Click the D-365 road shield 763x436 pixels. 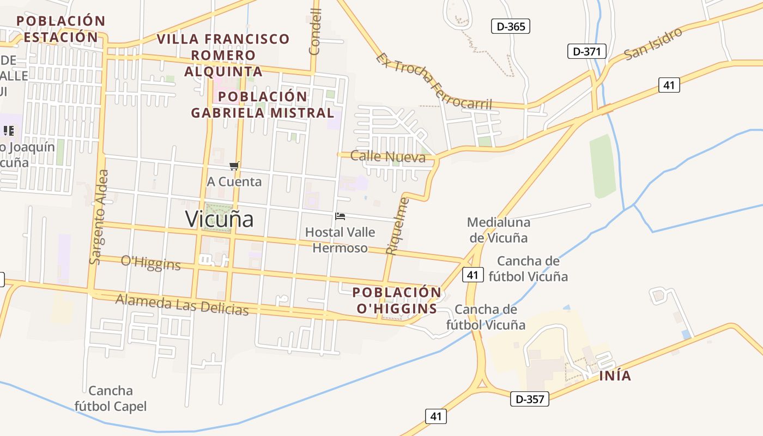(511, 26)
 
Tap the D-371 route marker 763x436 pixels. (586, 52)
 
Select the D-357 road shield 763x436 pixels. (529, 399)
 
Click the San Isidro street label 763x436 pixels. (653, 44)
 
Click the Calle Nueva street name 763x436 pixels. (387, 157)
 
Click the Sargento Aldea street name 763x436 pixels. (99, 217)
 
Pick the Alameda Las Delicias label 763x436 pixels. (182, 304)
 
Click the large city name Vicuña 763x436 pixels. (219, 219)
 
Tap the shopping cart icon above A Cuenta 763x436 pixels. (234, 166)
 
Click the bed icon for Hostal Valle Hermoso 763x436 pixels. (340, 216)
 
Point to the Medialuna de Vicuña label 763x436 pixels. (498, 230)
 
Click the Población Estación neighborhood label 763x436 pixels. (60, 29)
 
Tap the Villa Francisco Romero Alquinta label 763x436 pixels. (223, 55)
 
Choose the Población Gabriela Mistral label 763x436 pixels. (263, 105)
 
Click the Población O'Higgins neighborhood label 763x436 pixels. (397, 300)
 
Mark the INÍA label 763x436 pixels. (615, 376)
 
